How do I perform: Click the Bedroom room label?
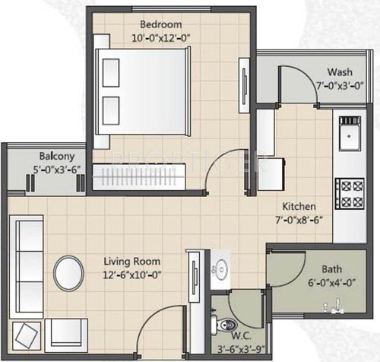tap(160, 24)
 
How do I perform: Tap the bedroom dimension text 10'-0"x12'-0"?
tap(160, 37)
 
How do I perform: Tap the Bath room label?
tap(332, 268)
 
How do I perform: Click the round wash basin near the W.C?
tap(221, 266)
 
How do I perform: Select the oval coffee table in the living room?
tap(69, 271)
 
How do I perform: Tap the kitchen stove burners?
tap(350, 193)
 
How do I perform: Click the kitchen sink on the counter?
tap(350, 139)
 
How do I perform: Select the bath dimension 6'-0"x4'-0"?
tap(332, 281)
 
